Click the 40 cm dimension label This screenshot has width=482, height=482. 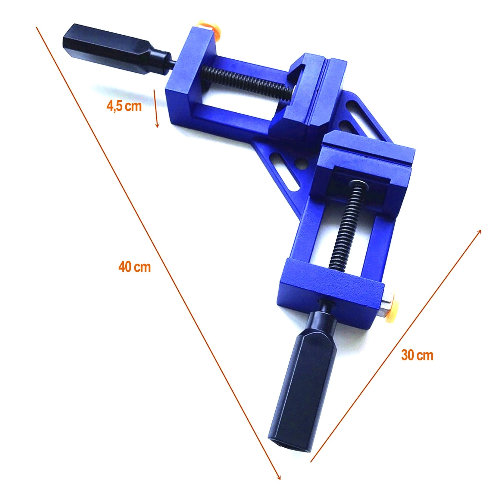point(134,267)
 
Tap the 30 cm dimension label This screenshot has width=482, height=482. point(417,355)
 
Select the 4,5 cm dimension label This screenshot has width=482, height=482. point(124,106)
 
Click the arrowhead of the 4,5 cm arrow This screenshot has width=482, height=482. point(157,124)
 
